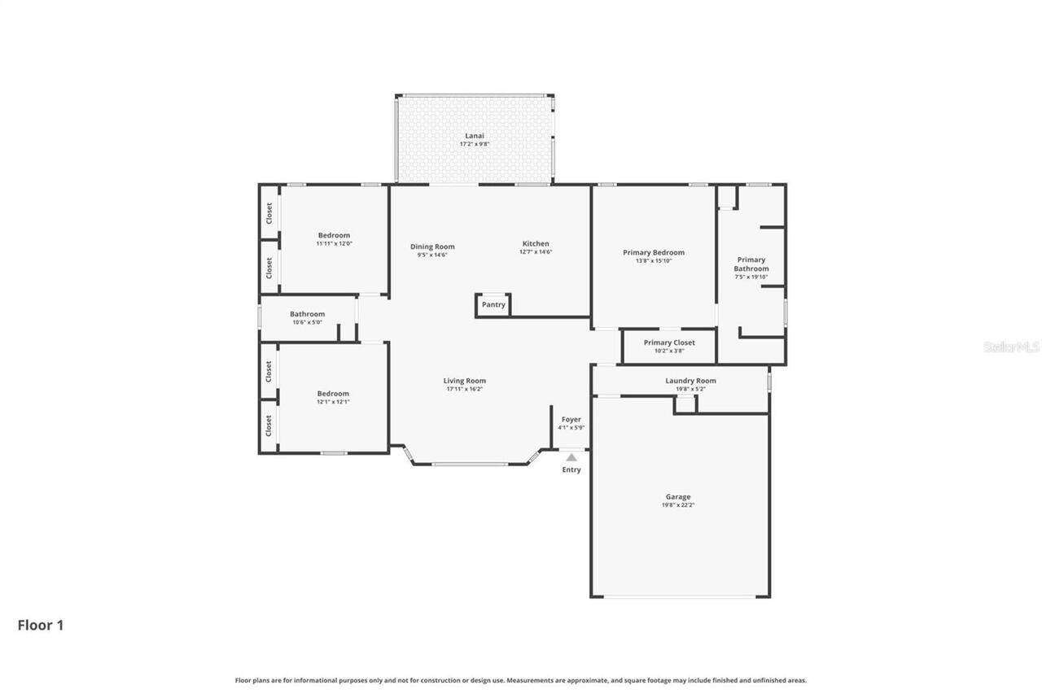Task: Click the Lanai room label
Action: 474,135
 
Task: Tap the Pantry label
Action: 493,305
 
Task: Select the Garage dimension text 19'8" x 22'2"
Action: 678,505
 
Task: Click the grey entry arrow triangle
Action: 571,457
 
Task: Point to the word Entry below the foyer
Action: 571,470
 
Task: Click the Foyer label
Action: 571,419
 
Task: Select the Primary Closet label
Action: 669,343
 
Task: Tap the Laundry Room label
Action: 690,380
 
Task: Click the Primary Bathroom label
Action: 751,264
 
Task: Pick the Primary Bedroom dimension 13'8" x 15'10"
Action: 654,261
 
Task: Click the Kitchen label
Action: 536,243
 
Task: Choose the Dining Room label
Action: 432,247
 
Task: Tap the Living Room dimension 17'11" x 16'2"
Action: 465,389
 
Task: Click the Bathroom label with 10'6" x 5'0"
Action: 307,314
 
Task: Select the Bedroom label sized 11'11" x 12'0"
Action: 334,235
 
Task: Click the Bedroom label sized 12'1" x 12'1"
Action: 333,394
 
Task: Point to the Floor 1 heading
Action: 41,626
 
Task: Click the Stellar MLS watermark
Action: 1011,347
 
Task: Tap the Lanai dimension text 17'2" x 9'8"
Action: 474,144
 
